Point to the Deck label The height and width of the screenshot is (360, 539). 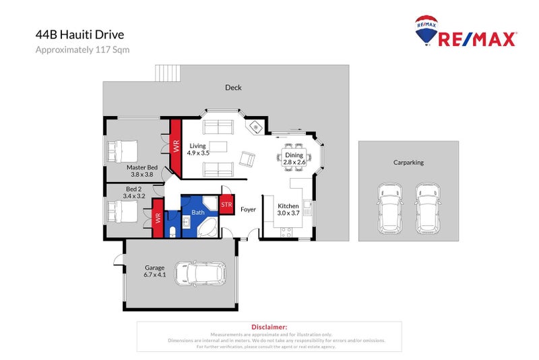click(x=233, y=88)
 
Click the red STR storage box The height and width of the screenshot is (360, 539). click(x=226, y=204)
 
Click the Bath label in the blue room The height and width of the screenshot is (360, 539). click(x=198, y=212)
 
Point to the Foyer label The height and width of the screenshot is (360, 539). click(x=249, y=210)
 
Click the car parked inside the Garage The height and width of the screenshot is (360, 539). click(x=200, y=274)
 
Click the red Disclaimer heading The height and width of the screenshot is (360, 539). click(x=269, y=326)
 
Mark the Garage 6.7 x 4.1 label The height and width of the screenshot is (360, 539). click(x=154, y=270)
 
